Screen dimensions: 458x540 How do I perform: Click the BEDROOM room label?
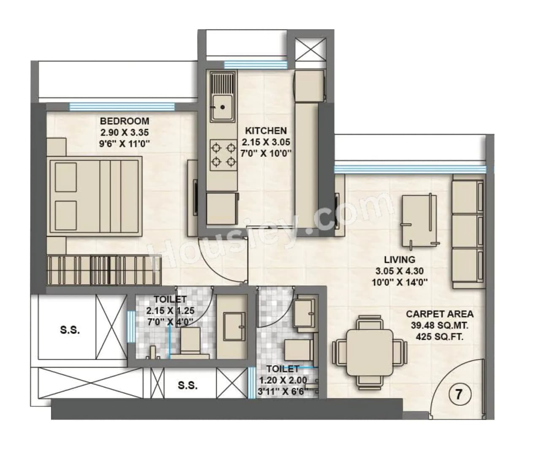click(124, 121)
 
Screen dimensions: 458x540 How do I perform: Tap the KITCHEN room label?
click(266, 131)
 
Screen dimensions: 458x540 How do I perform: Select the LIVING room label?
click(399, 260)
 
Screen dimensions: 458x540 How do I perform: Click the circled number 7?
click(458, 395)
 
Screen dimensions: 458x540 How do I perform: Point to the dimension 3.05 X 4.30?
click(399, 271)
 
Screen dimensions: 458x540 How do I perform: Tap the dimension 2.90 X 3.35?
click(124, 132)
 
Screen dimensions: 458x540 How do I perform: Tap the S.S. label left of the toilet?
click(70, 330)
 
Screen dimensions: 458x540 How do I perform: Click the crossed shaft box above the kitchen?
click(310, 49)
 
